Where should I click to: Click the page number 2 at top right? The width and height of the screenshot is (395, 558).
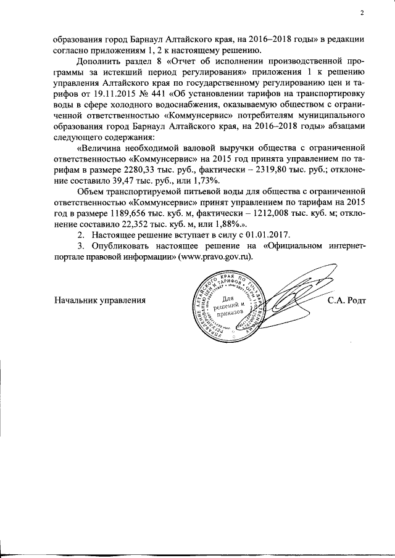[x=362, y=13]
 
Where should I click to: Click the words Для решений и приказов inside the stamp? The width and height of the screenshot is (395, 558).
[x=233, y=303]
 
